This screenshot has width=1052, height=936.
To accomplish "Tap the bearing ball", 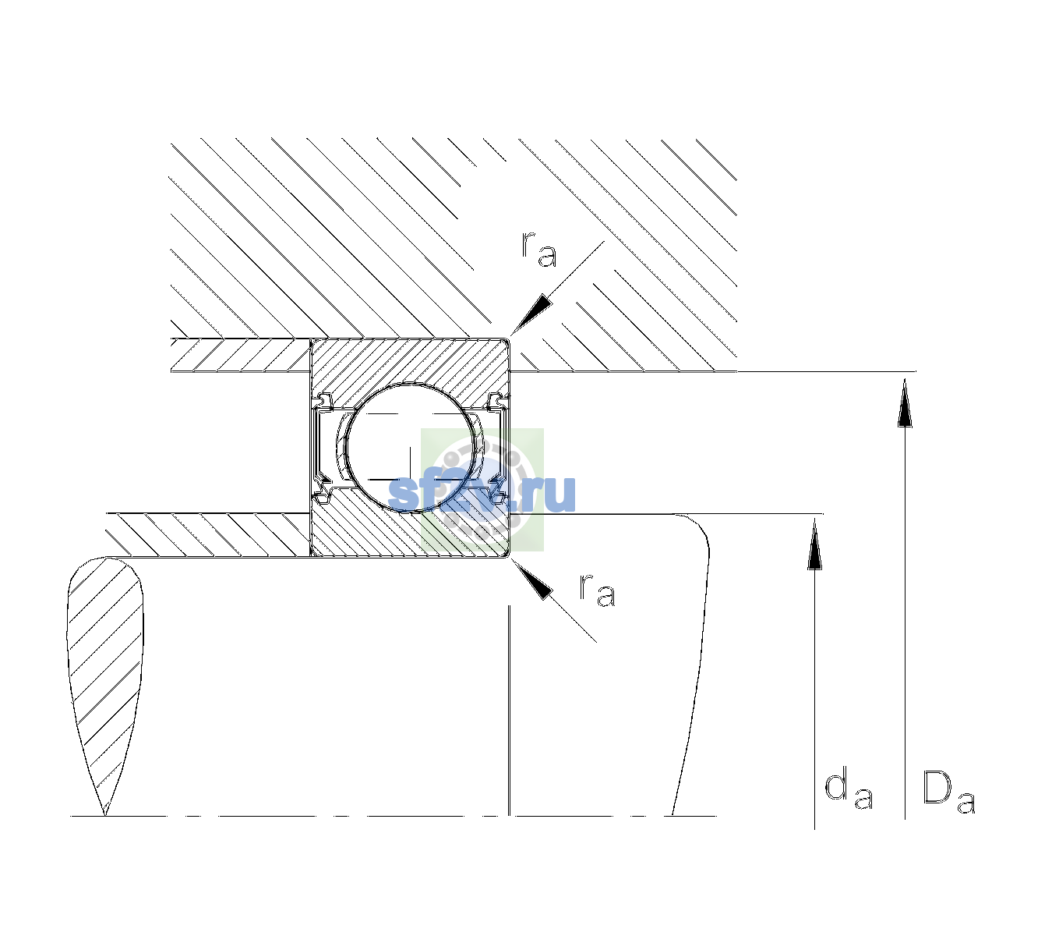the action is point(411,448).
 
